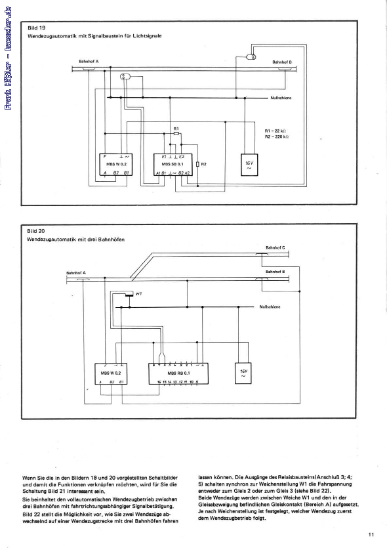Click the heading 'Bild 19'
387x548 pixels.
coord(35,29)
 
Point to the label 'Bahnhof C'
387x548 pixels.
coord(275,247)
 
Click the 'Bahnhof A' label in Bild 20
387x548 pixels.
coord(76,272)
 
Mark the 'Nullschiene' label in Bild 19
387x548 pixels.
coord(281,97)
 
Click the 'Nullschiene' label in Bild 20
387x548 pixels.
coord(271,306)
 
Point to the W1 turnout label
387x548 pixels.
coord(139,293)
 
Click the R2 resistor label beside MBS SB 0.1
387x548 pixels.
coord(203,163)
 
